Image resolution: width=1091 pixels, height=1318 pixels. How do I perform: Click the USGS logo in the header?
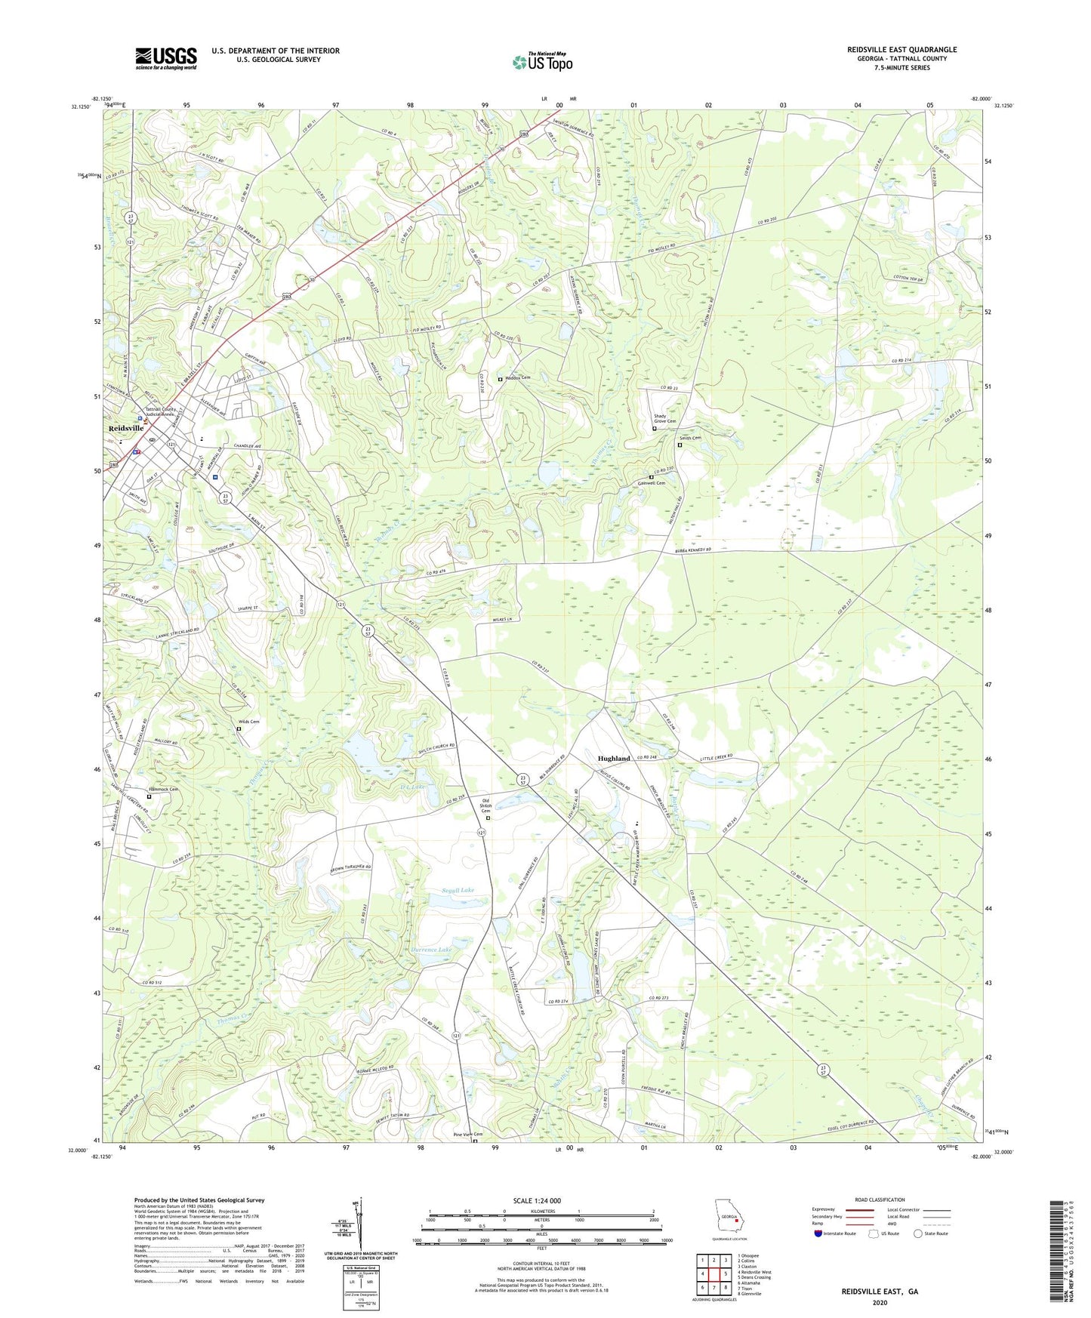165,58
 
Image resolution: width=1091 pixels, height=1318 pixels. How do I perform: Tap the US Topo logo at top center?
542,62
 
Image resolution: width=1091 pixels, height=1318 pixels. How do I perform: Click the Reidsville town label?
125,428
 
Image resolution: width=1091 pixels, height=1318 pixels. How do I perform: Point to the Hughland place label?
613,759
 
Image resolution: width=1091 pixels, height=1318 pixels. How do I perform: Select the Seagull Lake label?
458,891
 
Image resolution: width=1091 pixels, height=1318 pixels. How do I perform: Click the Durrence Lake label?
430,950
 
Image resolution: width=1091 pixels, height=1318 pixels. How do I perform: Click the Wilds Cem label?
249,722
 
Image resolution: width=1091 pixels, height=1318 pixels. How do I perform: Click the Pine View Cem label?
467,1135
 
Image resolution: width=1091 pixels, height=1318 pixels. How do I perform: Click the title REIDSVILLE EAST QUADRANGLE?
901,50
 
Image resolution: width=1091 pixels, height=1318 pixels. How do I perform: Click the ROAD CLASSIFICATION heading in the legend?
880,1199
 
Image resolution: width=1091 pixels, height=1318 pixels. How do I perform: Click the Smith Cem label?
690,439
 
